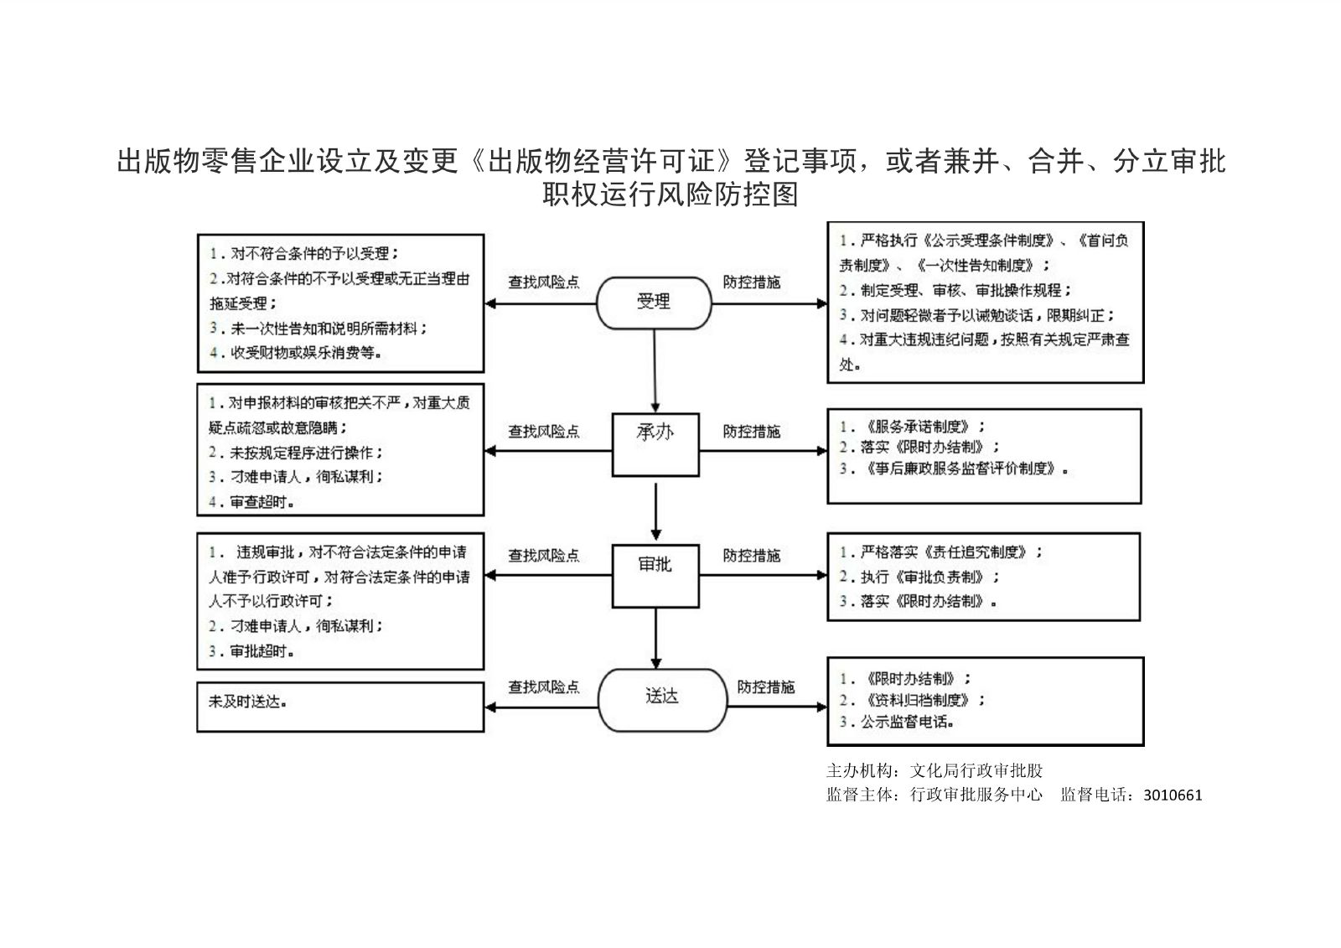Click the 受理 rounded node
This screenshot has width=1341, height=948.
pos(653,302)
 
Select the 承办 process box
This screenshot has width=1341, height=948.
pos(655,444)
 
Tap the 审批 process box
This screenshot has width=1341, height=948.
pos(655,576)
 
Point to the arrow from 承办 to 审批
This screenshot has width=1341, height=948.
pos(655,510)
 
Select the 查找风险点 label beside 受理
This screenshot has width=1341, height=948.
pos(543,282)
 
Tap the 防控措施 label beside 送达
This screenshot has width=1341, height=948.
pos(765,687)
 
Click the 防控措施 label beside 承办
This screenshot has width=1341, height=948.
pos(751,432)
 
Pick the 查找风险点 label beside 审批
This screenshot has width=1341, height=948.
pos(543,556)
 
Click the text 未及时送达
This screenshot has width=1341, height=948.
pos(247,702)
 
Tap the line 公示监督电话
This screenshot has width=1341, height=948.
pos(898,721)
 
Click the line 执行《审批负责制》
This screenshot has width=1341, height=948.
pos(919,577)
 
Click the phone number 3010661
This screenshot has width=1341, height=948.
pos(1172,795)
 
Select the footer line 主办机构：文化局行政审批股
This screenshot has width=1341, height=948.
pos(935,770)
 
